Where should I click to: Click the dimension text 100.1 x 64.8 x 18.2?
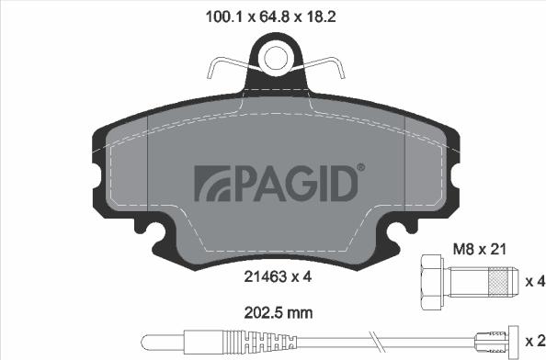coord(274,15)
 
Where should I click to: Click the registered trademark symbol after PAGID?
coord(360,167)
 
